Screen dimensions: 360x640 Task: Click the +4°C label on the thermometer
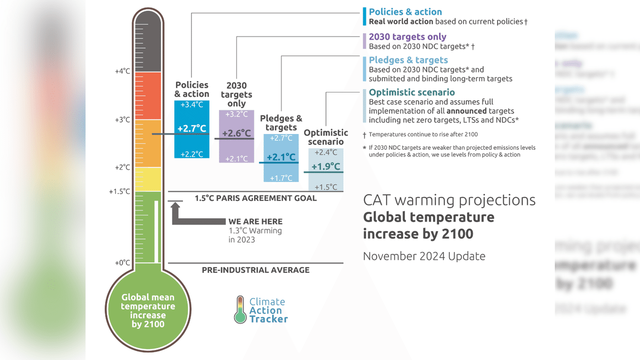click(122, 71)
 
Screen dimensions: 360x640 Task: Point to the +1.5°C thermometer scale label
click(119, 191)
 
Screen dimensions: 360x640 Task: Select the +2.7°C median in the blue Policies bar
click(192, 129)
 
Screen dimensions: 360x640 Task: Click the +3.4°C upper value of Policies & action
click(192, 105)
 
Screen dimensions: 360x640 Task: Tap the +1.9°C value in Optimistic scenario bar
click(325, 166)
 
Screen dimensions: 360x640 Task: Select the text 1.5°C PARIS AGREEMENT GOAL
click(255, 198)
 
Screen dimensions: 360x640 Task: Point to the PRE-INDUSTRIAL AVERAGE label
click(255, 270)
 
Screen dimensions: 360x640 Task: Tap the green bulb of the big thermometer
click(147, 310)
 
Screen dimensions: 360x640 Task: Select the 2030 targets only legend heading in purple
click(407, 37)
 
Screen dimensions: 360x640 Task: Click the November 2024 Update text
click(424, 256)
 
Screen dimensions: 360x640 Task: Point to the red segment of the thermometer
click(147, 96)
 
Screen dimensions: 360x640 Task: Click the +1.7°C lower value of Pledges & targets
click(281, 178)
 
